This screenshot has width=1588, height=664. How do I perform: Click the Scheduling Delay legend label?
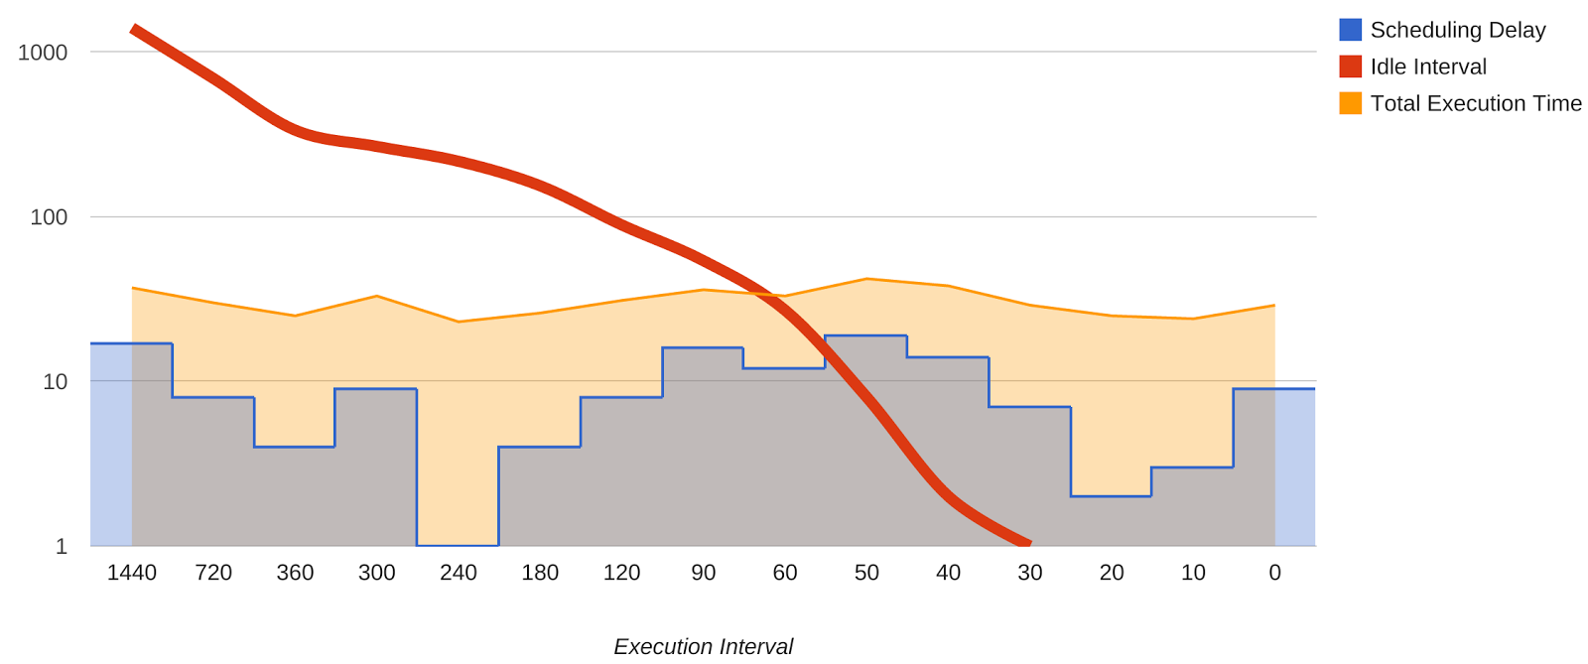[x=1457, y=31]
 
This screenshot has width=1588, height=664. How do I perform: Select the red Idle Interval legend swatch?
[x=1350, y=66]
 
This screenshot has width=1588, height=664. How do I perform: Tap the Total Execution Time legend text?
[x=1475, y=103]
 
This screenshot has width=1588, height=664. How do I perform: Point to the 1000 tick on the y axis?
[x=43, y=53]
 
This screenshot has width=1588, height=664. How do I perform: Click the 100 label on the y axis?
[x=49, y=217]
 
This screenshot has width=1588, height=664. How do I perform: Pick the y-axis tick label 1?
[x=62, y=546]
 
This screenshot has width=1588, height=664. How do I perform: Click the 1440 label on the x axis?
[x=132, y=573]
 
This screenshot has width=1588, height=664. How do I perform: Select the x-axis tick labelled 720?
[x=213, y=573]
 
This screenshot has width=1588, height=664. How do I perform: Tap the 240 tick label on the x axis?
[x=459, y=573]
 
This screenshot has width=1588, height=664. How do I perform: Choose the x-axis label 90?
[x=704, y=573]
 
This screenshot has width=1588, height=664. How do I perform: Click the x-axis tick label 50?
[x=866, y=573]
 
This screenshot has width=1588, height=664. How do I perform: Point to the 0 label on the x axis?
[x=1274, y=573]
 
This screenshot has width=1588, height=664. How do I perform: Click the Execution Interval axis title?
[x=703, y=646]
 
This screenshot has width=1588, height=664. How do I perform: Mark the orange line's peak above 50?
[x=866, y=279]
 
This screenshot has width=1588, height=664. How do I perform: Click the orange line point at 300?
[x=377, y=296]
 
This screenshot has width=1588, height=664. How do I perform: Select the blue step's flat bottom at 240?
[x=458, y=545]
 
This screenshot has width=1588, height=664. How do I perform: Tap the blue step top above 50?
[x=865, y=336]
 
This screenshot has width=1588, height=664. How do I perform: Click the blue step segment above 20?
[x=1111, y=496]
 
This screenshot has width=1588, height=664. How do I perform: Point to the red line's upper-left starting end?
[x=134, y=29]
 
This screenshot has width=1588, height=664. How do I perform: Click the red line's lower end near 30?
[x=1028, y=543]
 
